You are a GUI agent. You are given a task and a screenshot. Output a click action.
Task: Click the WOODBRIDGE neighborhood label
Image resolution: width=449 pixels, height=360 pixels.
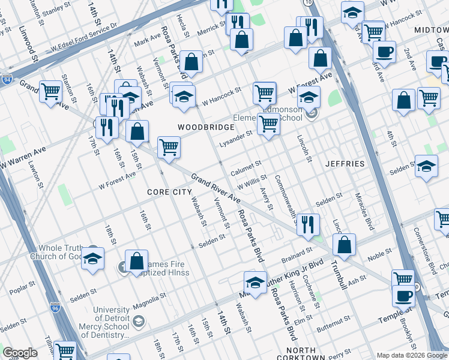click(x=202, y=127)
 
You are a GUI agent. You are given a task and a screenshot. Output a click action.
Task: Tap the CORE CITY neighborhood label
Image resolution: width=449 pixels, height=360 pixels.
click(x=170, y=191)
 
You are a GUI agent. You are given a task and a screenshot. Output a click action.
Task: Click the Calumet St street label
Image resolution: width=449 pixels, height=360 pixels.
click(x=246, y=164)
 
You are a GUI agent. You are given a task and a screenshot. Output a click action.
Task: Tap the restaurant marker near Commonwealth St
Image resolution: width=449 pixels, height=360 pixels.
click(x=308, y=224)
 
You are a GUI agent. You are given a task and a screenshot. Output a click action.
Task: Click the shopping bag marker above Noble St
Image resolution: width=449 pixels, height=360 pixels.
click(x=344, y=244)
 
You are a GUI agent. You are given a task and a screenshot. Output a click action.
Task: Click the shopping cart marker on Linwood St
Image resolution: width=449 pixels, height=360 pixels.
click(x=50, y=92)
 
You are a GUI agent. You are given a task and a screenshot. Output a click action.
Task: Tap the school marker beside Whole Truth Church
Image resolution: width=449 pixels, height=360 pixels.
click(x=92, y=258)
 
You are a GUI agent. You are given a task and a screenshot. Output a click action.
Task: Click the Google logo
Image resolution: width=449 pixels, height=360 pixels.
click(x=20, y=353)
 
